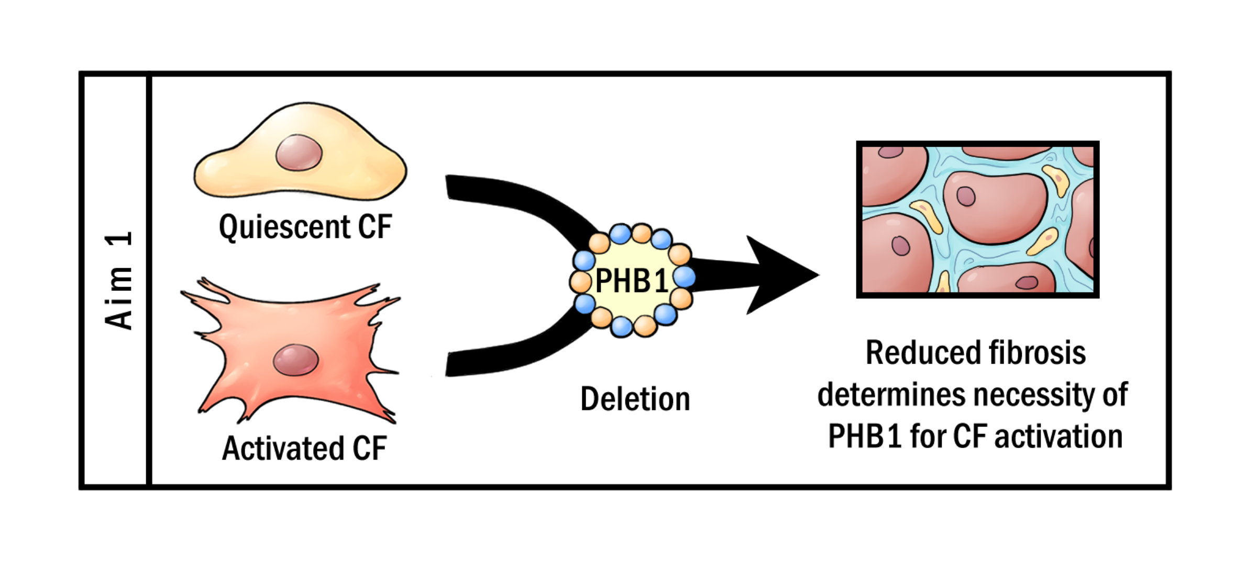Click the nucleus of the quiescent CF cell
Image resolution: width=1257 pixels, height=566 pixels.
(x=299, y=153)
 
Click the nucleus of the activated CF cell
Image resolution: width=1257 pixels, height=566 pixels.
(x=296, y=360)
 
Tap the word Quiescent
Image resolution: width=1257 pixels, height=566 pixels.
(x=284, y=227)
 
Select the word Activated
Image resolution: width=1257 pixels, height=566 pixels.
(x=283, y=449)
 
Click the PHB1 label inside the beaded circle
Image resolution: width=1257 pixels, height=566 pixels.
(x=632, y=281)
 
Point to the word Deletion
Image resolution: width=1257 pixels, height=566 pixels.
(x=635, y=399)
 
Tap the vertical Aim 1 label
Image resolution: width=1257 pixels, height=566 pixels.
(x=118, y=281)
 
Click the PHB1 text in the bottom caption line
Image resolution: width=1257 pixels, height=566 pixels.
(x=865, y=437)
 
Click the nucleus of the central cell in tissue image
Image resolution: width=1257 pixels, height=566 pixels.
(x=966, y=197)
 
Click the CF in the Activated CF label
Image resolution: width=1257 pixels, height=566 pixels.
(x=369, y=449)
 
